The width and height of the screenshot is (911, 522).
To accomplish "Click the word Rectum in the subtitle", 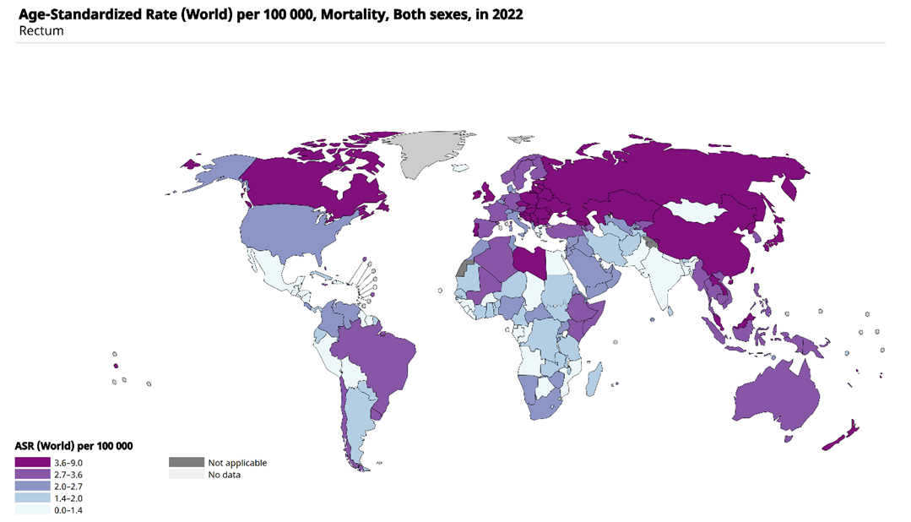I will (41, 31).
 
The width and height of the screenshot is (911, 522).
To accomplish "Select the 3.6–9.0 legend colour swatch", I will (33, 463).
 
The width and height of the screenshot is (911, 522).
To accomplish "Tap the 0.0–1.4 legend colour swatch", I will (33, 510).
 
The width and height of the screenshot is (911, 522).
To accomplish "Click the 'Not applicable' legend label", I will (237, 463).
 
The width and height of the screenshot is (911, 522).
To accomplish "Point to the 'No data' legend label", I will (224, 475).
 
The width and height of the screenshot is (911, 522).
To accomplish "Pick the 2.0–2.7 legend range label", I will (68, 487).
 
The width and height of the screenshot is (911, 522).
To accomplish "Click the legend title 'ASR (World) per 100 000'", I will (74, 445).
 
